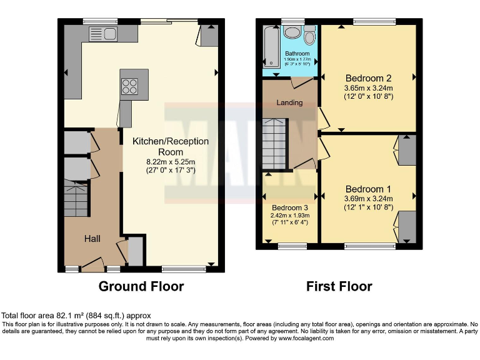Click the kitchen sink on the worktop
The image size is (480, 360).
coord(103,34)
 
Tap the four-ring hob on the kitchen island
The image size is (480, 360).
coord(130,86)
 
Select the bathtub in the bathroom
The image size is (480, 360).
coord(272,47)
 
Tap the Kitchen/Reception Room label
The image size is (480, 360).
coord(171,147)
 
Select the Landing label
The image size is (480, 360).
coord(289,102)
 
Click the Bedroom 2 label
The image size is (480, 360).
coord(369,78)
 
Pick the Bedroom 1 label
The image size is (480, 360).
coord(369,189)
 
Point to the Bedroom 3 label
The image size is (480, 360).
coord(289,207)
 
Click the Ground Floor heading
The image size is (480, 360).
coord(141,287)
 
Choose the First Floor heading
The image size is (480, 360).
coord(339,287)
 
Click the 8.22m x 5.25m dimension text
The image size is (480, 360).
coord(171,161)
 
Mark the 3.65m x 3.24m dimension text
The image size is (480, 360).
coord(369,88)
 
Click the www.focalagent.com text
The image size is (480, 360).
coord(303,338)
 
